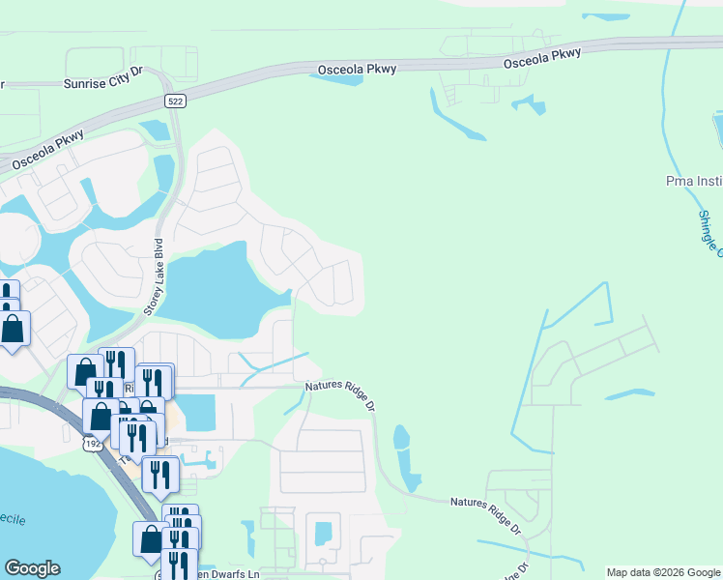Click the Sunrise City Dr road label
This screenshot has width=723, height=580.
[x=103, y=84]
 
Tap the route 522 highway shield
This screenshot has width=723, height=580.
[x=175, y=101]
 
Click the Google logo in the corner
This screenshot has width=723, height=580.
[x=32, y=568]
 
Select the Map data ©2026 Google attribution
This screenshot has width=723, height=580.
[x=663, y=572]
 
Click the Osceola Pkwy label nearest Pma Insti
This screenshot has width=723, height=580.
[x=542, y=58]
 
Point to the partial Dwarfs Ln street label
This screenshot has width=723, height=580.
[x=227, y=574]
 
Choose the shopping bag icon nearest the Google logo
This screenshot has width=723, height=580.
[x=151, y=539]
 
